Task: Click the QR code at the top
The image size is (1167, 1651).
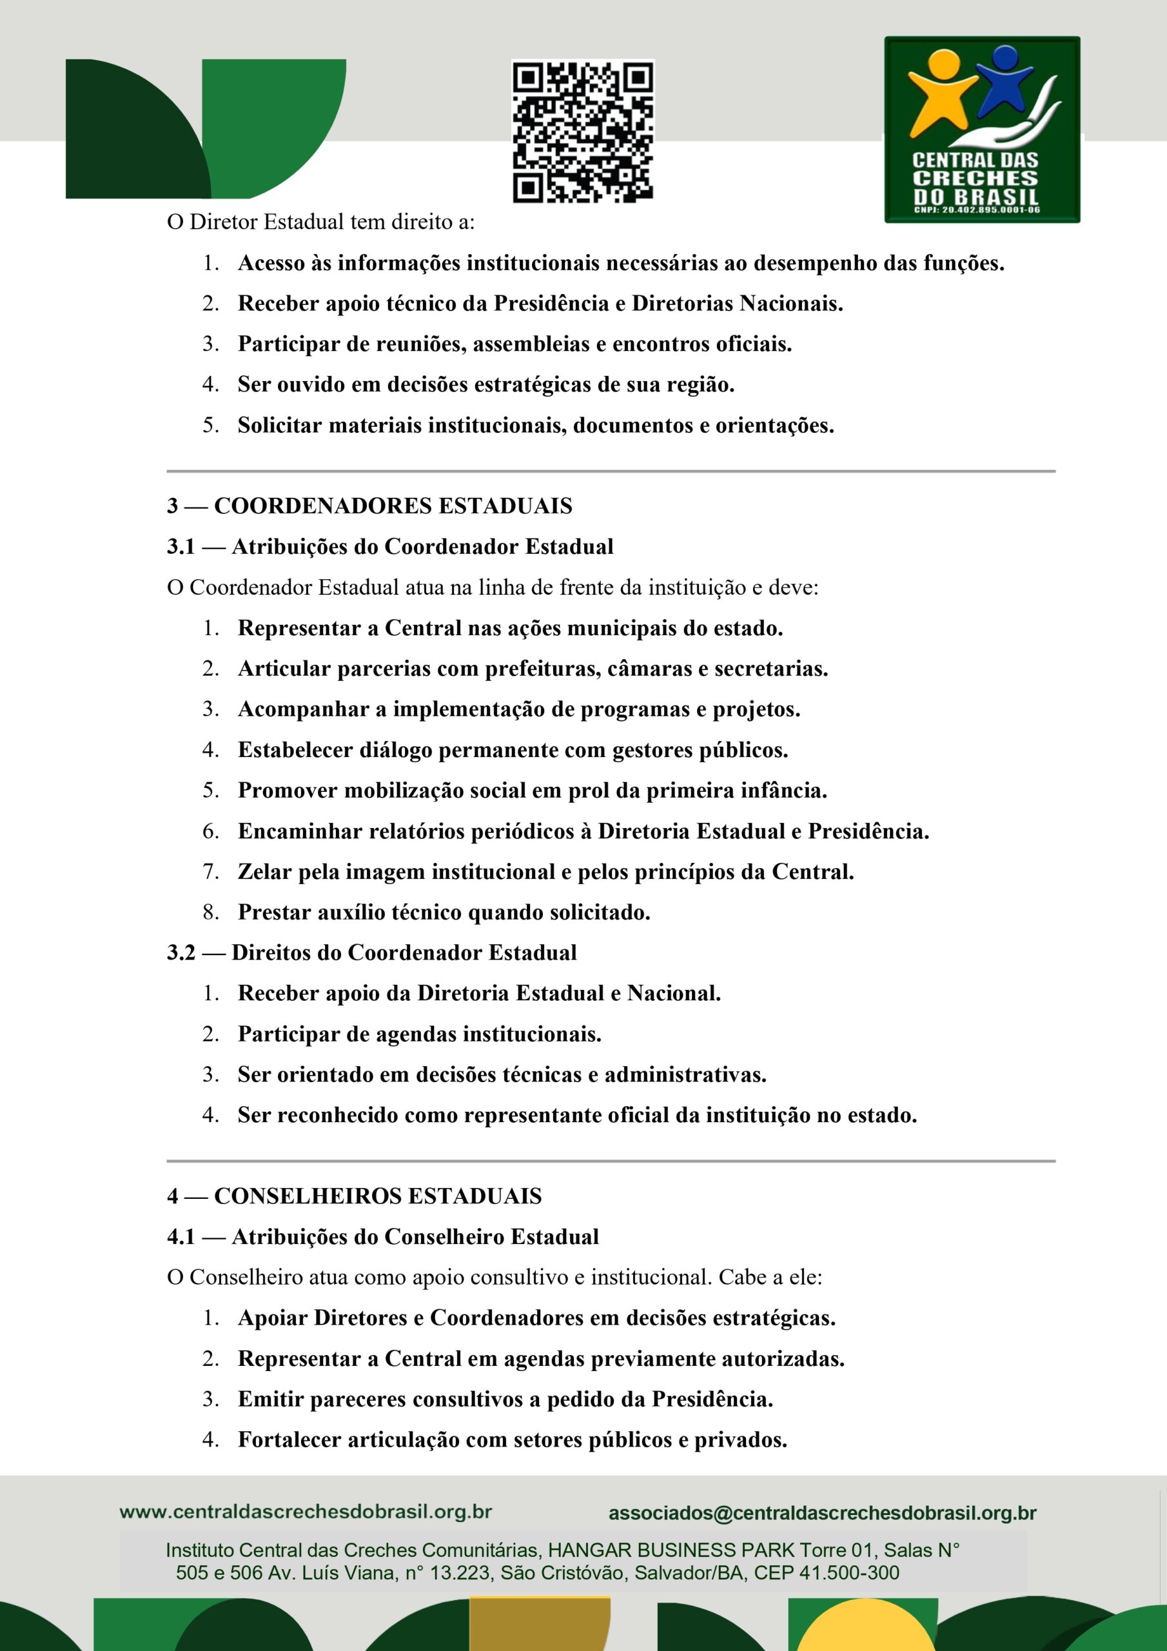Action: click(x=582, y=131)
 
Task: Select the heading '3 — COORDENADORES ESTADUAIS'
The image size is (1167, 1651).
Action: click(x=369, y=506)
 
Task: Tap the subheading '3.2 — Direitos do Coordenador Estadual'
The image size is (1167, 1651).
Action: click(x=372, y=953)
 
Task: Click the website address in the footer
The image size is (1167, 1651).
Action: click(x=306, y=1512)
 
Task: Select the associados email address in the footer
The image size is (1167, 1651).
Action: click(x=822, y=1513)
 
